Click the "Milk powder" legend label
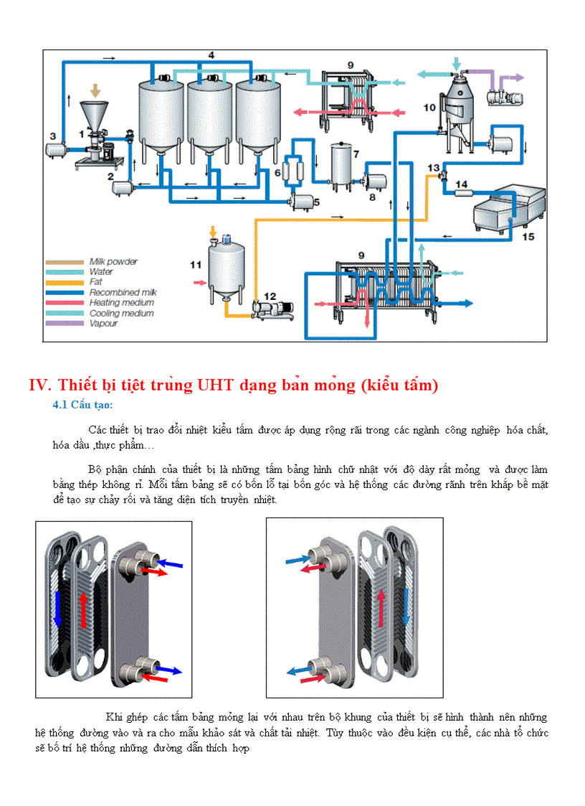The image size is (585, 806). [x=113, y=262]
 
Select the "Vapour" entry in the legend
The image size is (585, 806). [x=103, y=324]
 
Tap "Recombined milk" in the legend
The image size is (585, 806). [x=123, y=293]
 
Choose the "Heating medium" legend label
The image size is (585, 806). [x=121, y=303]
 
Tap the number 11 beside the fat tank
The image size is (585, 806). [x=196, y=264]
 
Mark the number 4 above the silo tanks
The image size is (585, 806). [x=211, y=55]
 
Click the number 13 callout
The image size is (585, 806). [x=433, y=167]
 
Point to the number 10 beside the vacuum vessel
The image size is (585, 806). [x=429, y=108]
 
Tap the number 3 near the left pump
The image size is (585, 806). [x=52, y=135]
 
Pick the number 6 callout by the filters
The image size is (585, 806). [x=277, y=173]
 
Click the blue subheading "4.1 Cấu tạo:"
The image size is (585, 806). [x=82, y=406]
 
